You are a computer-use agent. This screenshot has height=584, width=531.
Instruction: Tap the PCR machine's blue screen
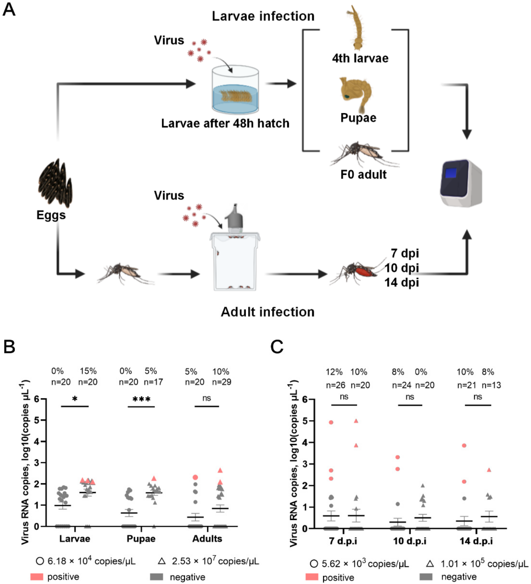(x=451, y=173)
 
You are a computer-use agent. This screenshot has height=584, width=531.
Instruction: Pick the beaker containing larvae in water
(x=235, y=90)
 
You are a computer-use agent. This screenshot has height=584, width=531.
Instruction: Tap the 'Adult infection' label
(x=267, y=312)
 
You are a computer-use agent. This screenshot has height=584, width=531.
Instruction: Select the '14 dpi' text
(x=401, y=282)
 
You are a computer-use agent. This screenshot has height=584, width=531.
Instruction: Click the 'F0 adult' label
(x=363, y=175)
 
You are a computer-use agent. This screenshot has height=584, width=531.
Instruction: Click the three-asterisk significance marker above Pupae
(x=141, y=400)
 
